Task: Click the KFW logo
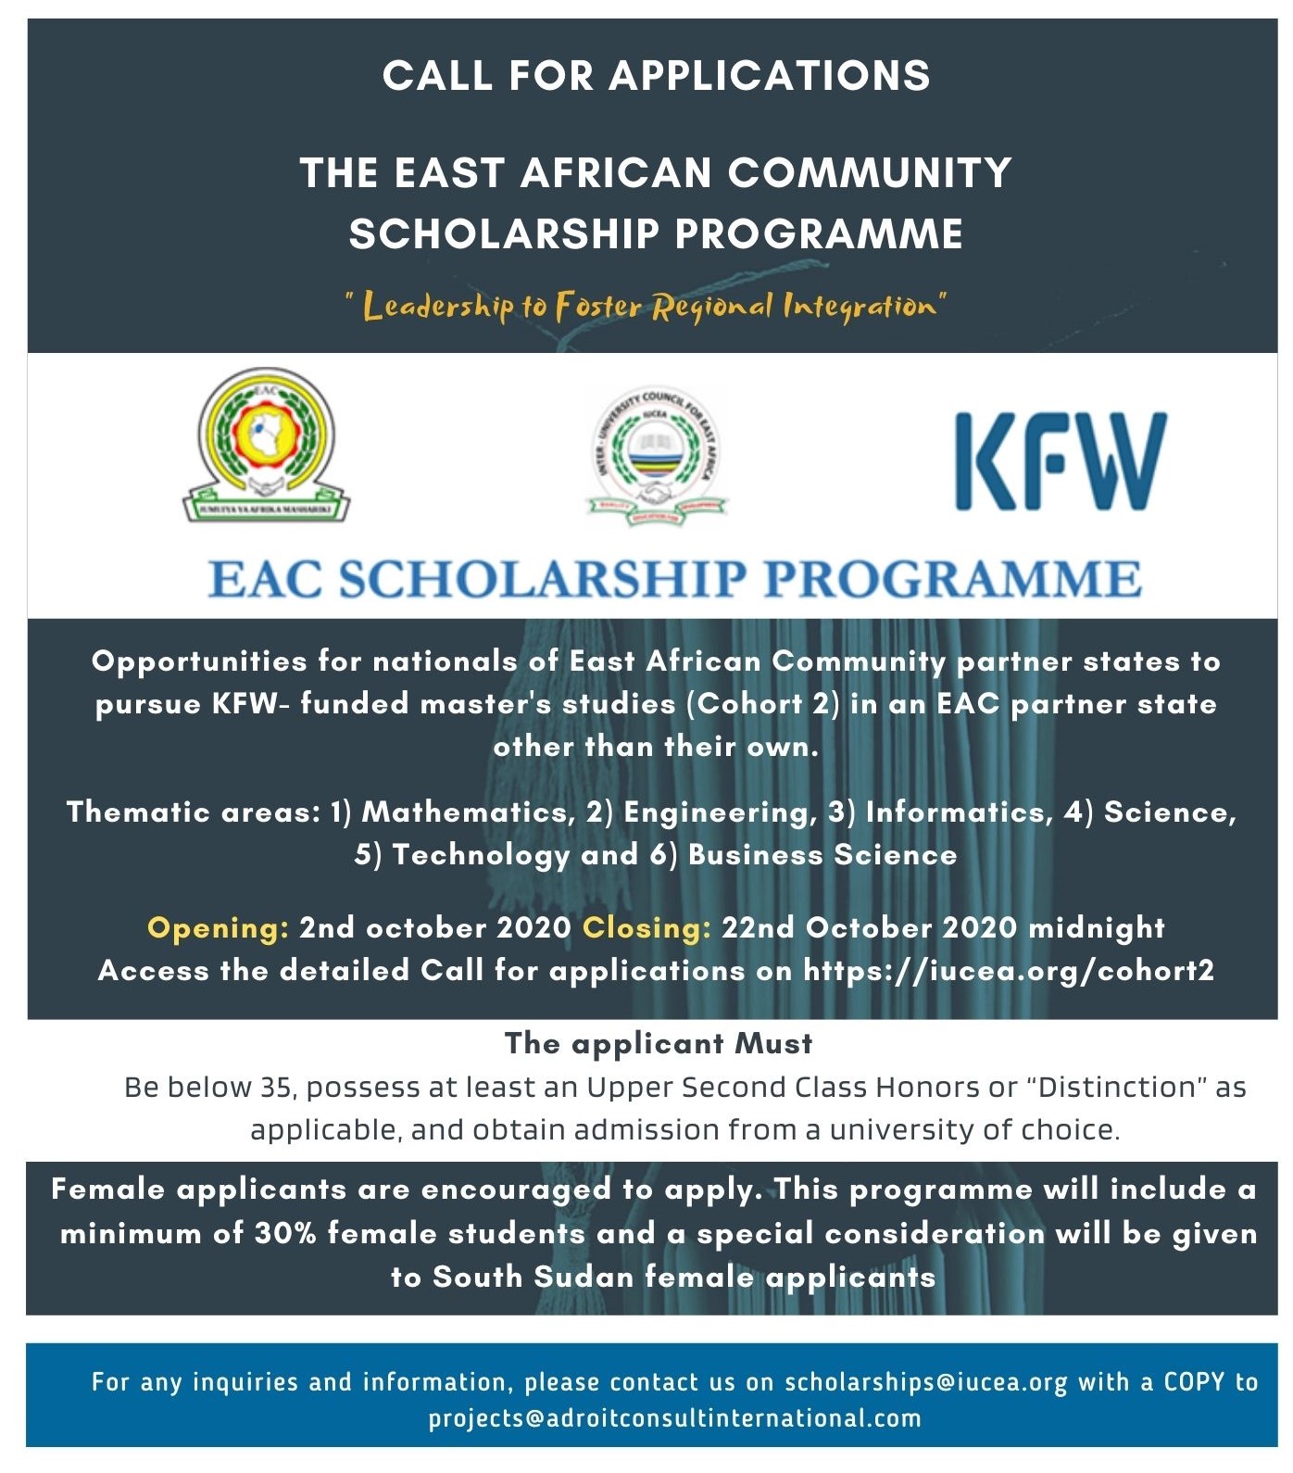[x=1061, y=461]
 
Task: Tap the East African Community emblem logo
[x=267, y=445]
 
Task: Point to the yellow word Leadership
[x=437, y=306]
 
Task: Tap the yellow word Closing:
[x=646, y=927]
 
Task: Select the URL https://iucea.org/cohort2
[x=1009, y=970]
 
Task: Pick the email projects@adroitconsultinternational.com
[x=674, y=1418]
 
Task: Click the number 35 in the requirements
[x=276, y=1087]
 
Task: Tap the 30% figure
[x=285, y=1233]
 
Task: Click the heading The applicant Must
[x=659, y=1043]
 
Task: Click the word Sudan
[x=584, y=1277]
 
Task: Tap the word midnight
[x=1097, y=927]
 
